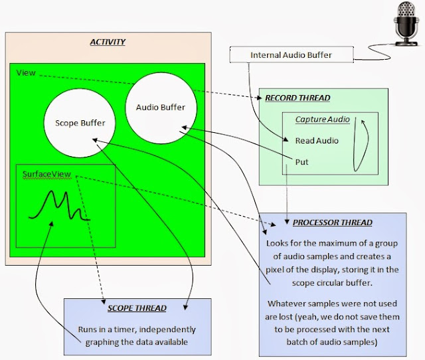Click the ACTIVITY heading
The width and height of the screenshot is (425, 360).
(108, 42)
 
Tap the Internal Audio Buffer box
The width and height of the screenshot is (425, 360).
(292, 54)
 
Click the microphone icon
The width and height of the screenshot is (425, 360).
(406, 24)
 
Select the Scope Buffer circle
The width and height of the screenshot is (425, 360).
(80, 123)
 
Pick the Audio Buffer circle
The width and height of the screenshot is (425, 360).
(161, 108)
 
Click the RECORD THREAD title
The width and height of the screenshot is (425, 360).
(297, 98)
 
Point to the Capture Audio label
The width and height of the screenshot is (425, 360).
(323, 120)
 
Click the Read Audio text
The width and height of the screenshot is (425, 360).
(317, 140)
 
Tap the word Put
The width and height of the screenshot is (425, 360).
(301, 162)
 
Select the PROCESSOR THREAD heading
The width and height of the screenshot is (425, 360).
(333, 223)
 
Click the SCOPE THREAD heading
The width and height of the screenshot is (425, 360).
(137, 308)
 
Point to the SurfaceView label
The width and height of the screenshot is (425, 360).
(46, 174)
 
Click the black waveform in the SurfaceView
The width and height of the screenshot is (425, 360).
(60, 206)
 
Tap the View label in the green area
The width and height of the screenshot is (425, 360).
(26, 72)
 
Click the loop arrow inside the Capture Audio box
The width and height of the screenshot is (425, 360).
(361, 145)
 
